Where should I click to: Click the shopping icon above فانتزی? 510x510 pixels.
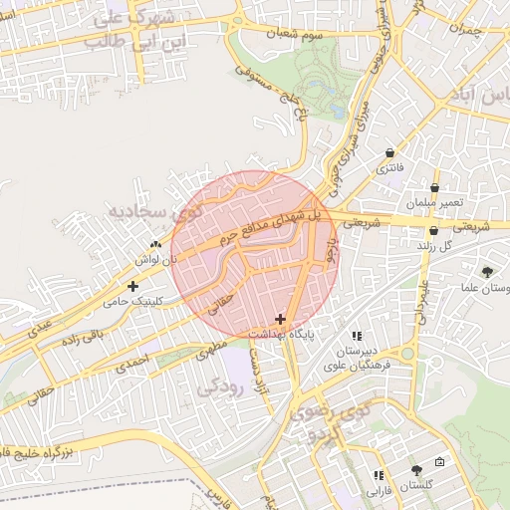point(389,152)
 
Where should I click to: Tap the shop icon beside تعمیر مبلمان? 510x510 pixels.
point(435,187)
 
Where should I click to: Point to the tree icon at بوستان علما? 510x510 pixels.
point(487,272)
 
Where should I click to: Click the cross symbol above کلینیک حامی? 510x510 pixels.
point(132,286)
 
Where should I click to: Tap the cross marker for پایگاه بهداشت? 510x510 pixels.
point(280,320)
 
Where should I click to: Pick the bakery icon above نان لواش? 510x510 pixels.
point(154,244)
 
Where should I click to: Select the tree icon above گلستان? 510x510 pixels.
point(415,469)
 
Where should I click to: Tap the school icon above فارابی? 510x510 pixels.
point(378,476)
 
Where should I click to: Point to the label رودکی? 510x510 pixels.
point(222,386)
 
